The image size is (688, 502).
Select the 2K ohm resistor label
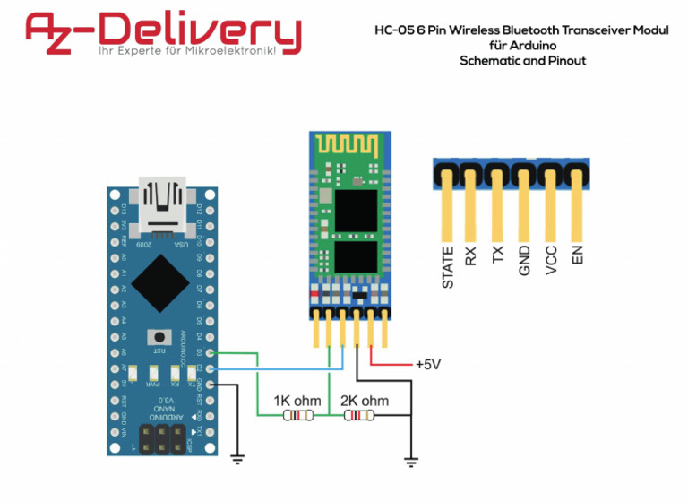(x=365, y=401)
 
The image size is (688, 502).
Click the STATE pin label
(x=448, y=268)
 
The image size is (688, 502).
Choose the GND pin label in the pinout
(x=526, y=259)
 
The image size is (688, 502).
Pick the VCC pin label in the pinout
(x=552, y=259)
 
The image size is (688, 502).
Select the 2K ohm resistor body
(x=361, y=416)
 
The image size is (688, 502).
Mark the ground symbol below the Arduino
(x=237, y=458)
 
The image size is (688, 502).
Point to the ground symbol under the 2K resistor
(x=410, y=462)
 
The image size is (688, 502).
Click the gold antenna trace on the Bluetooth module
(x=349, y=146)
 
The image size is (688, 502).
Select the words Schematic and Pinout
(x=522, y=61)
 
